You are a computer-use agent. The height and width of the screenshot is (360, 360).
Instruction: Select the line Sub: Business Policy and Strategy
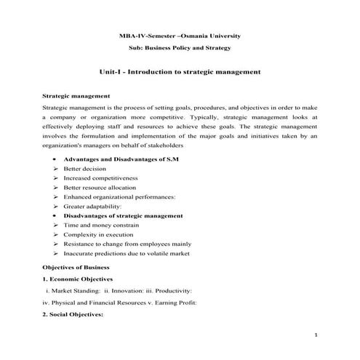(x=179, y=48)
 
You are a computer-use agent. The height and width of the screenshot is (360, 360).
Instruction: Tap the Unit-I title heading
(x=179, y=73)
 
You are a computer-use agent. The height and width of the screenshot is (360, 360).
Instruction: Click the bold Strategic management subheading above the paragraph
(x=76, y=96)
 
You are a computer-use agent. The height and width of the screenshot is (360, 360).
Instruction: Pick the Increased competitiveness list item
(x=100, y=177)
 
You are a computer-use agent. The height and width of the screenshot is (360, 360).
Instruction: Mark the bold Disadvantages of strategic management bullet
(x=122, y=216)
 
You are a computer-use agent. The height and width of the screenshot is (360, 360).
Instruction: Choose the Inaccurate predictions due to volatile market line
(x=127, y=254)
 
